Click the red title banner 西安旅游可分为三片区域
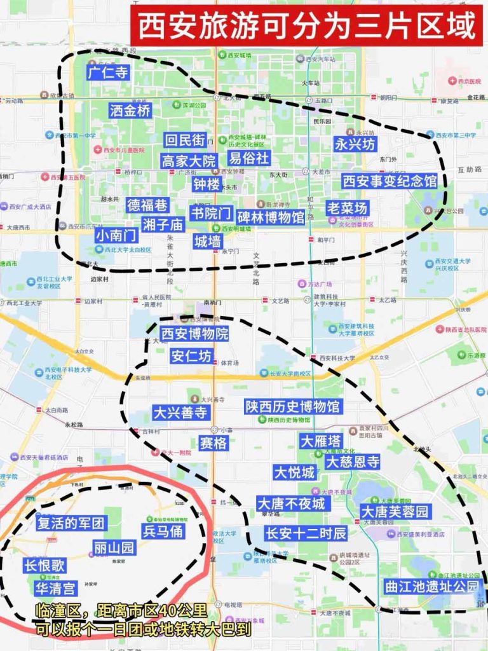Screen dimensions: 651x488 [x=307, y=26]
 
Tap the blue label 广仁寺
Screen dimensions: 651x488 [x=109, y=73]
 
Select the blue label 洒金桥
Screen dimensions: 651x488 [x=130, y=111]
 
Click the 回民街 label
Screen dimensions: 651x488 [x=184, y=140]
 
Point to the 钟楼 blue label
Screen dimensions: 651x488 [x=207, y=184]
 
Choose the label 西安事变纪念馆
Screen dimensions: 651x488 [x=390, y=181]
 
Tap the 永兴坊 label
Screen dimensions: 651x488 [x=355, y=144]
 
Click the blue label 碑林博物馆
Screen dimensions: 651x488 [x=271, y=217]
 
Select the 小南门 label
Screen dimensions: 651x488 [x=116, y=235]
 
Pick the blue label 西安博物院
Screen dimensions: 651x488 [x=194, y=334]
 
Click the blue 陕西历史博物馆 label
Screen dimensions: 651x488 [x=293, y=406]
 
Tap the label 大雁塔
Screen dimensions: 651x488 [x=321, y=441]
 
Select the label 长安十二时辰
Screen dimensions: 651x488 [x=306, y=533]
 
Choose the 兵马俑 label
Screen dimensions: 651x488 [x=163, y=531]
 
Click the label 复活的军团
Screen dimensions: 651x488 [x=71, y=524]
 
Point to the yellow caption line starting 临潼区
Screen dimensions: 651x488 [x=121, y=612]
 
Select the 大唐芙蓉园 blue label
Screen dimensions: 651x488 [x=395, y=511]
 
